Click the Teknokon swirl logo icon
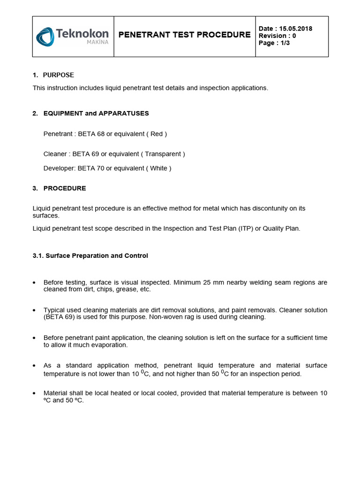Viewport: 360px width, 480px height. click(x=45, y=37)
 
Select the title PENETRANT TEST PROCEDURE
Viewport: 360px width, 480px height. click(x=184, y=35)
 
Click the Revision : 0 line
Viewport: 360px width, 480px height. click(x=277, y=36)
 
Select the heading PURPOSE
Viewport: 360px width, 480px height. click(x=59, y=75)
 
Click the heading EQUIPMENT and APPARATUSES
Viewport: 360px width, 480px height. click(x=96, y=113)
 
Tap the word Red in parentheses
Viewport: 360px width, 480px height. click(x=157, y=134)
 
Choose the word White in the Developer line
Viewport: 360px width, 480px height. click(x=158, y=168)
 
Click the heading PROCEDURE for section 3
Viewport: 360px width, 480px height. click(x=65, y=188)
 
